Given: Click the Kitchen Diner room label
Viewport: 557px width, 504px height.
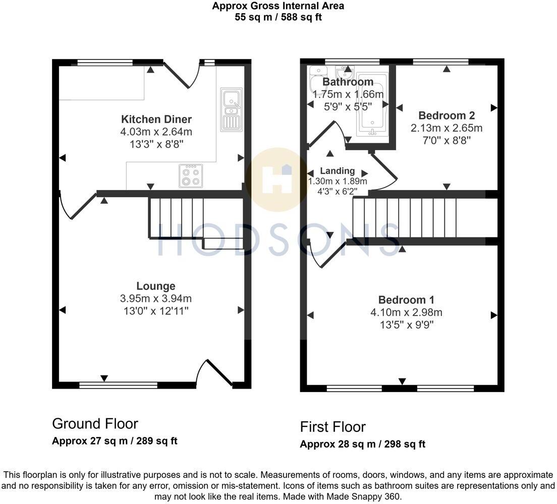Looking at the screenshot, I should [x=156, y=119].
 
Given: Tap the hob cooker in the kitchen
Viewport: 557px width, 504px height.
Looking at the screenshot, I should [x=191, y=175].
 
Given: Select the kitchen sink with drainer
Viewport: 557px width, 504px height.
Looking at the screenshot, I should [x=231, y=109].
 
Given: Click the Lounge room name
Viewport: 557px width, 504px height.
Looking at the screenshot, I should [x=156, y=286].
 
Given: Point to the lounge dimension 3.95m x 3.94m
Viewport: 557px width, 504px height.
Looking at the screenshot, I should [x=156, y=298].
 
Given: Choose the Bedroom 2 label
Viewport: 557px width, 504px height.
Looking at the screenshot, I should [x=447, y=115].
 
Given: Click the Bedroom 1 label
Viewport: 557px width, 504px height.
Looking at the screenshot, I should [x=406, y=300].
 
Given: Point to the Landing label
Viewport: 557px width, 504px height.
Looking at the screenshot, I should [x=338, y=171].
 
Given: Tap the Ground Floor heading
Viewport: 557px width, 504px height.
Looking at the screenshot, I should [x=95, y=423].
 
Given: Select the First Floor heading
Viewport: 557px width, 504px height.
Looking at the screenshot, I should [x=332, y=427].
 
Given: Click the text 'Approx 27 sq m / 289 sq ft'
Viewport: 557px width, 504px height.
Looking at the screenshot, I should [x=115, y=441].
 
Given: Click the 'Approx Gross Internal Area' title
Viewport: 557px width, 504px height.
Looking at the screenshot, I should [x=278, y=6].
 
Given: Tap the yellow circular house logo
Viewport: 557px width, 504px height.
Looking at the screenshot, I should [x=276, y=178].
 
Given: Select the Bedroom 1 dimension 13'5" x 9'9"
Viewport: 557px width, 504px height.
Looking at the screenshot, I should [x=406, y=325].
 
